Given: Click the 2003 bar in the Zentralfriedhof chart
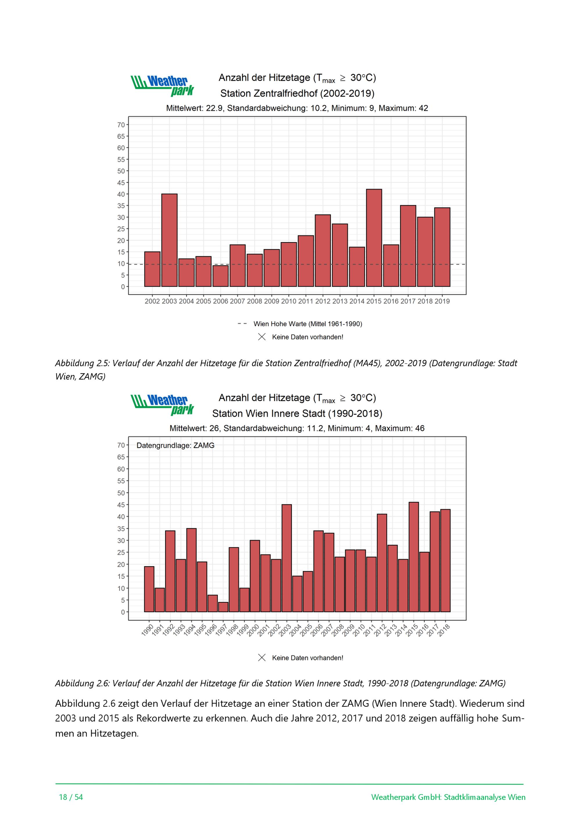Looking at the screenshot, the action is pyautogui.click(x=169, y=240).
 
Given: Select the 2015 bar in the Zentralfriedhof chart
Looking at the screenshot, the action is pyautogui.click(x=374, y=238).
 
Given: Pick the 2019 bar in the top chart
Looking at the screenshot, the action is pyautogui.click(x=442, y=247).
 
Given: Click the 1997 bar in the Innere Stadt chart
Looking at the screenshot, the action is pyautogui.click(x=223, y=607).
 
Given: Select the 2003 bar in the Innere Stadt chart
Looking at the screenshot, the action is pyautogui.click(x=286, y=558).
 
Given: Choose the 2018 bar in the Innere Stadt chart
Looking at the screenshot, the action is pyautogui.click(x=445, y=561).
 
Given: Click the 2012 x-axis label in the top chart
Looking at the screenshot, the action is pyautogui.click(x=323, y=301).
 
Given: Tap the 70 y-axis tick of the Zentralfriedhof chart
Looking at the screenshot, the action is pyautogui.click(x=121, y=125).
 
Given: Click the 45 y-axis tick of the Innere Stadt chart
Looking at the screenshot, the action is pyautogui.click(x=121, y=505).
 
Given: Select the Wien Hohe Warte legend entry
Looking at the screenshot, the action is pyautogui.click(x=300, y=324).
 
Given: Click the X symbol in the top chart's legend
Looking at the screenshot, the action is pyautogui.click(x=262, y=337).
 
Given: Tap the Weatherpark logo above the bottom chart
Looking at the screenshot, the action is pyautogui.click(x=162, y=405).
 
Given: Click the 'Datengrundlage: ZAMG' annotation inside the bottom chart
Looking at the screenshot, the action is pyautogui.click(x=175, y=446).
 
